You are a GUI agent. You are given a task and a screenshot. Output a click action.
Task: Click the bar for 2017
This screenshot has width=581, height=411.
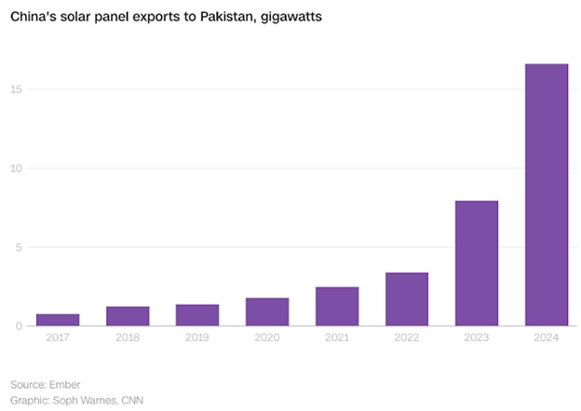point(58,320)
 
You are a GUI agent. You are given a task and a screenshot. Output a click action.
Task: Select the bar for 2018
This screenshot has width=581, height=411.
point(128,316)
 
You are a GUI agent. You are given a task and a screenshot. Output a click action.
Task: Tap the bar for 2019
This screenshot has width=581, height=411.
point(197,315)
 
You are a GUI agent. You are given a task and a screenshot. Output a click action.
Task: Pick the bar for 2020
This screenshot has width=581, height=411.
point(267,312)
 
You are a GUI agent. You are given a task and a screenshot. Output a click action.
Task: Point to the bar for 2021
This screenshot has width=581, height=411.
point(337,307)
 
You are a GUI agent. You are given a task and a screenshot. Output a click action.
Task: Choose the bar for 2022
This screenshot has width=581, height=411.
point(407,299)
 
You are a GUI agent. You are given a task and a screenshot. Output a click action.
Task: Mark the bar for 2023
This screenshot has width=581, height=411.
point(477,264)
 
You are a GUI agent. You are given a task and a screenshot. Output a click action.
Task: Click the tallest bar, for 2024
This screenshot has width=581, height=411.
point(547,195)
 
